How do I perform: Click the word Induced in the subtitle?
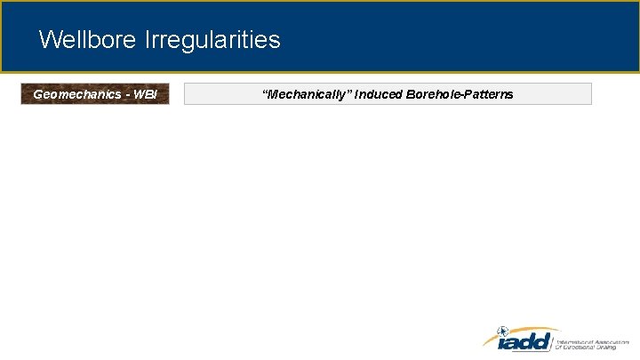377,94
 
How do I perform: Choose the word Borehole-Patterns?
459,94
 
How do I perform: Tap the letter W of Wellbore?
49,40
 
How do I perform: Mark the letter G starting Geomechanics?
37,94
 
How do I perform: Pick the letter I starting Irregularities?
146,40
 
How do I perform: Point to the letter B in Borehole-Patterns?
409,94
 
